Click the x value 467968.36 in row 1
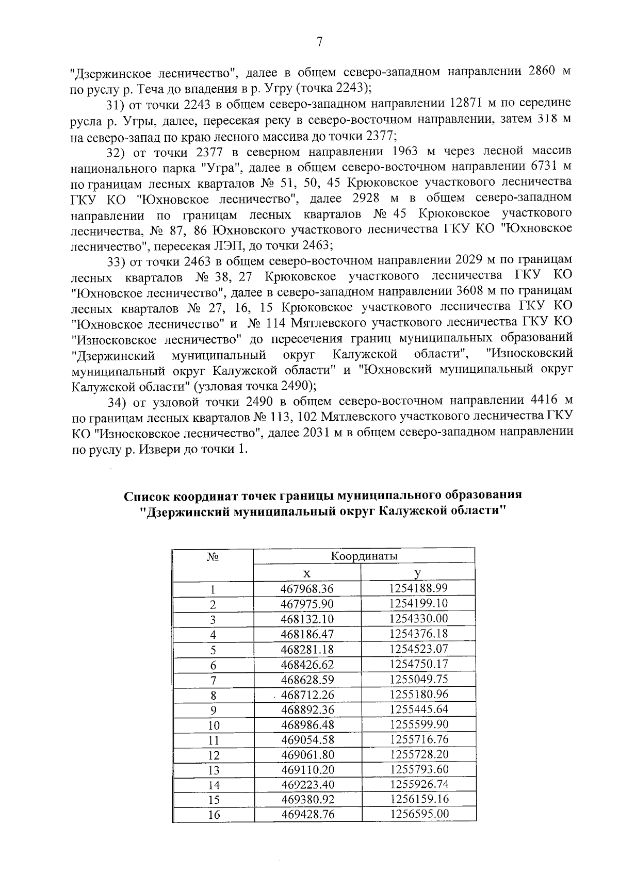coord(307,589)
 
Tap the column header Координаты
coord(364,556)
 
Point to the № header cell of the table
coord(213,557)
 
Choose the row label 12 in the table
coord(213,755)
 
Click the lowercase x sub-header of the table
coord(307,573)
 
